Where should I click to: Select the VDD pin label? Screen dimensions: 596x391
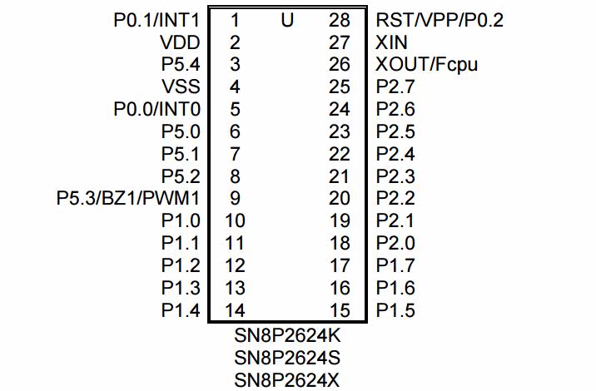point(180,42)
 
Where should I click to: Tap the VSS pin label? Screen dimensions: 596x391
point(181,87)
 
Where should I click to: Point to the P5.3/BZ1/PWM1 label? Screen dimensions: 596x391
point(128,199)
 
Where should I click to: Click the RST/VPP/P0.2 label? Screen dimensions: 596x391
point(440,20)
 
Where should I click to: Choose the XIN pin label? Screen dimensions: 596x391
point(391,42)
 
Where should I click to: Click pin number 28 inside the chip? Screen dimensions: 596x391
point(340,20)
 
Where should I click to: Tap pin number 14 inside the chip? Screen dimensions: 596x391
point(235,311)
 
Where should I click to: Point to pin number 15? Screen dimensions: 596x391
point(340,311)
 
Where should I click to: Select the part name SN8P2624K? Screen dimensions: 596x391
point(287,337)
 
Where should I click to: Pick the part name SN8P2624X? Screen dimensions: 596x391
point(287,380)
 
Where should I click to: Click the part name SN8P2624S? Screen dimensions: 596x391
point(287,359)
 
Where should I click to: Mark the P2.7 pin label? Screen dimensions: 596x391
point(395,87)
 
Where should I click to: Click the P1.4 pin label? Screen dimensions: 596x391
point(181,311)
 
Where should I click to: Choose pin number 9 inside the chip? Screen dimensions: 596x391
point(235,199)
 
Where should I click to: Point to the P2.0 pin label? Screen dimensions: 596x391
point(395,244)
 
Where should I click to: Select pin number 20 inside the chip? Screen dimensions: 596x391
point(340,199)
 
